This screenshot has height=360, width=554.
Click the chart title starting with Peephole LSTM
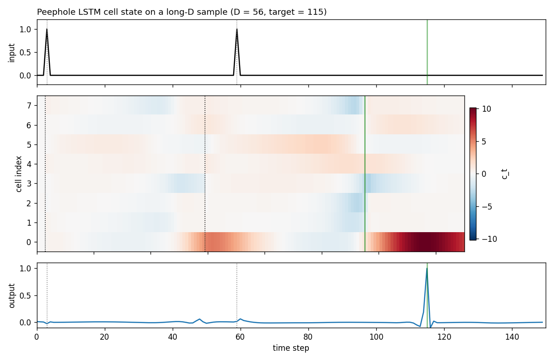(182, 12)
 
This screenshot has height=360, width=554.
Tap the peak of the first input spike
(47, 29)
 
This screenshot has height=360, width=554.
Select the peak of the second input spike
(237, 29)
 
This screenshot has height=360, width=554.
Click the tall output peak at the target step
(427, 269)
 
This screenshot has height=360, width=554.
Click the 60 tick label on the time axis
(241, 337)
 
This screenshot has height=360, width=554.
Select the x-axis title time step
(291, 348)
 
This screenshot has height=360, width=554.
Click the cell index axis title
(19, 174)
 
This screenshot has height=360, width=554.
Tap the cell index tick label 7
(29, 106)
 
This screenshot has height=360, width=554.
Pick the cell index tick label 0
(29, 242)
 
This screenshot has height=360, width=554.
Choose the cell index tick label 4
(29, 164)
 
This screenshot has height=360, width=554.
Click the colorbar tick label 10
(487, 109)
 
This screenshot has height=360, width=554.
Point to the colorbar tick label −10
(489, 239)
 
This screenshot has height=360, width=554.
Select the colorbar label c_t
(505, 174)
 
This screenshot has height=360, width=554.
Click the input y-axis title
(12, 53)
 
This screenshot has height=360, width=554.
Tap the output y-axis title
(12, 296)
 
